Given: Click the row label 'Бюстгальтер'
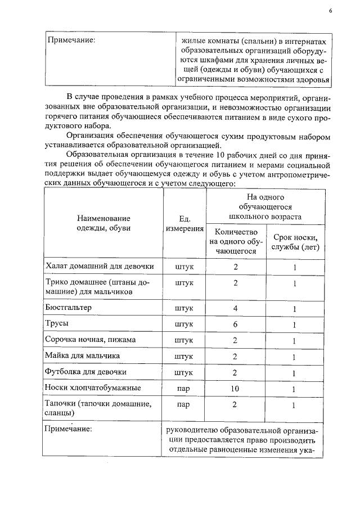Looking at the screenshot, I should pyautogui.click(x=68, y=308).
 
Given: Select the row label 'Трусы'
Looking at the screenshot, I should pyautogui.click(x=57, y=325).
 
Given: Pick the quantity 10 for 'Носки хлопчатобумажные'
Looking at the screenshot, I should pyautogui.click(x=236, y=388).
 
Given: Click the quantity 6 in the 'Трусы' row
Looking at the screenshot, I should pyautogui.click(x=236, y=325).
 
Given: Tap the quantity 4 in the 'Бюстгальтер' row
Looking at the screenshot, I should pyautogui.click(x=236, y=309).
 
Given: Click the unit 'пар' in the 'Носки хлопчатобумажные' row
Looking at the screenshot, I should pyautogui.click(x=183, y=388).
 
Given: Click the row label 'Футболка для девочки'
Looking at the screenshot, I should pyautogui.click(x=85, y=372).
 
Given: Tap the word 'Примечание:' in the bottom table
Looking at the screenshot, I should pyautogui.click(x=70, y=429).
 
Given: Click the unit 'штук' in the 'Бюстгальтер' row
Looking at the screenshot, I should pyautogui.click(x=184, y=309).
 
